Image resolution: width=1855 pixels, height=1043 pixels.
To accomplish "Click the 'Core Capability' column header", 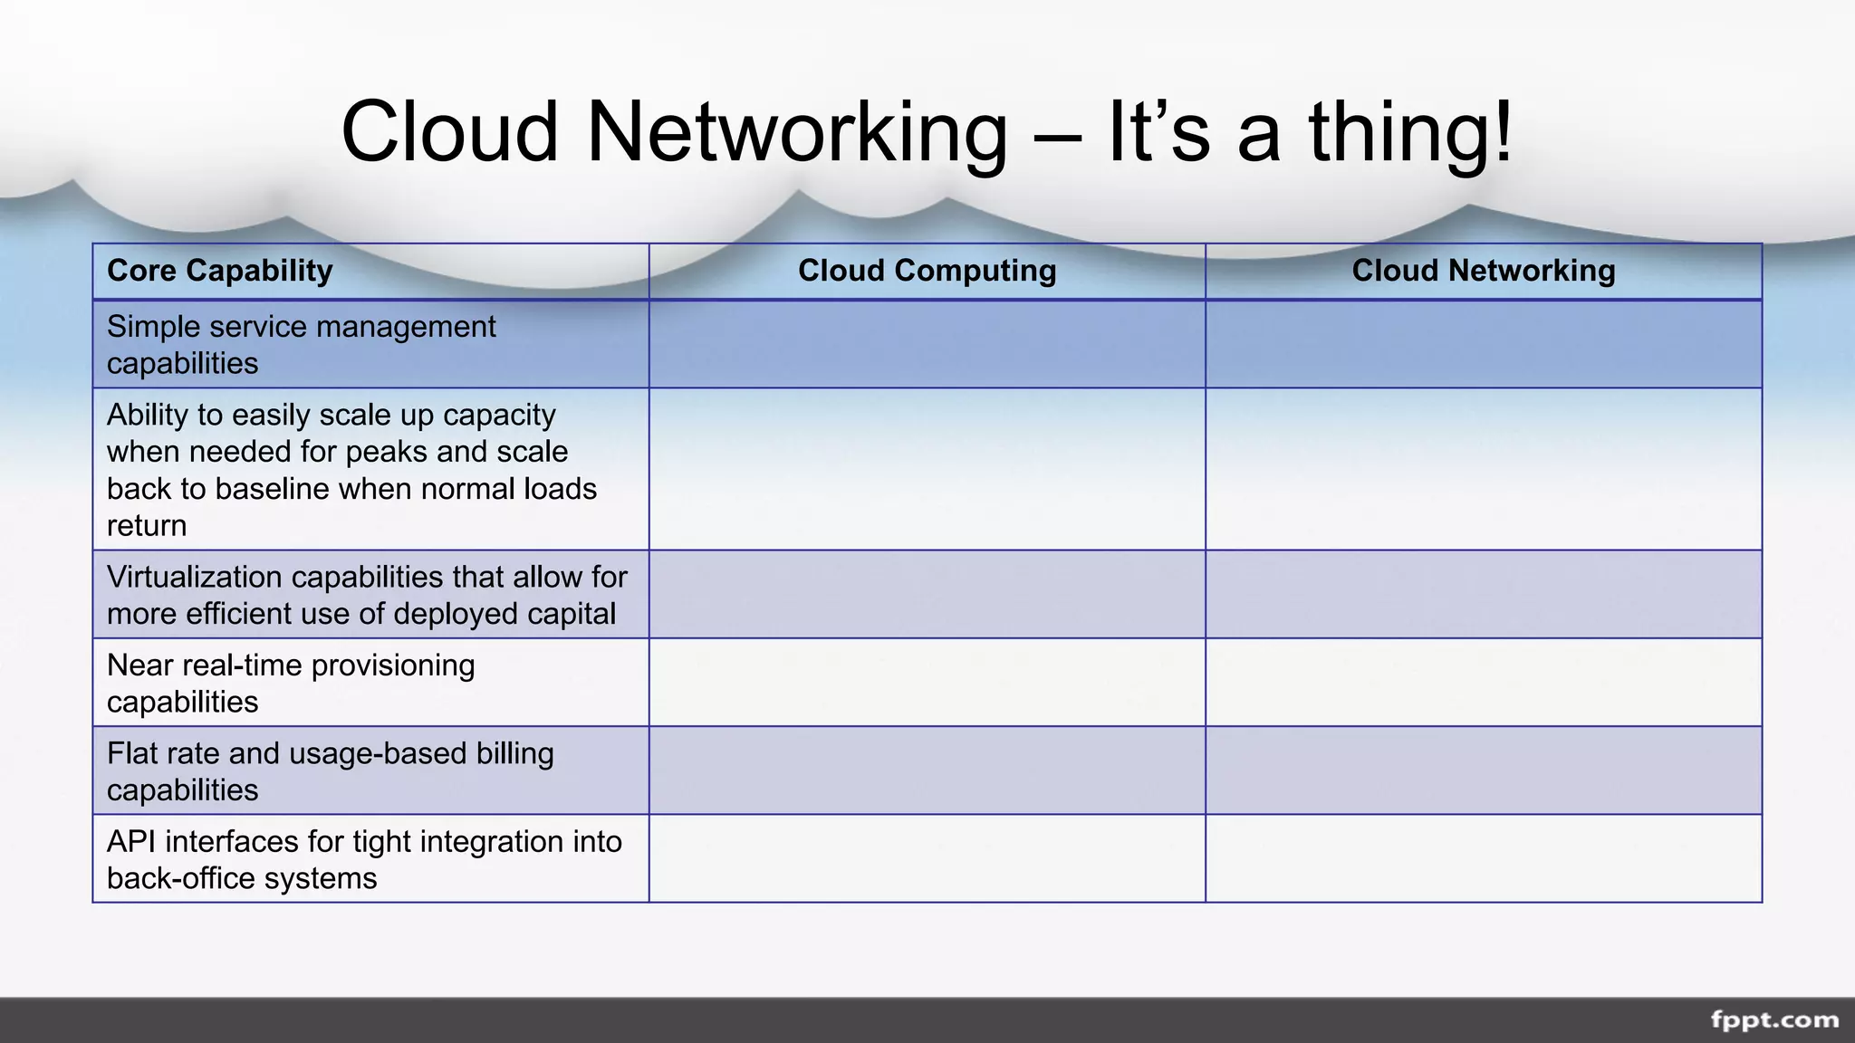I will tap(220, 271).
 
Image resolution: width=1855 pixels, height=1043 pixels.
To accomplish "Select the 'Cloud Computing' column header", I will tap(927, 271).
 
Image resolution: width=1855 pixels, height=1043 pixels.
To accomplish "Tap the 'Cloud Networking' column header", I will tap(1483, 271).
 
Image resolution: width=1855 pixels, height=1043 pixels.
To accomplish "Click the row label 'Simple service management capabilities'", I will tap(301, 344).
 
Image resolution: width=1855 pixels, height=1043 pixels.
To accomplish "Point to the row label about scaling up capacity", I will tap(351, 469).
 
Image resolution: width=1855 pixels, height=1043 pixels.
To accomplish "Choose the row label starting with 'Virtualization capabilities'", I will tap(367, 595).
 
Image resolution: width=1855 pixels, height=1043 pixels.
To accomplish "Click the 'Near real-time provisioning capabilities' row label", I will tap(291, 683).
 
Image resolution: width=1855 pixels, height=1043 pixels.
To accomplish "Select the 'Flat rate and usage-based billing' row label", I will tap(330, 770).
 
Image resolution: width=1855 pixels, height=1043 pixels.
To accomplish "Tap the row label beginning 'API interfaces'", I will tap(364, 859).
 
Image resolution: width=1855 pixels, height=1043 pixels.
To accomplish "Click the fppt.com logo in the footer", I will tap(1773, 1020).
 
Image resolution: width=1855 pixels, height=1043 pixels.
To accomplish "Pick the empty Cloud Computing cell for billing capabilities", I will tap(927, 770).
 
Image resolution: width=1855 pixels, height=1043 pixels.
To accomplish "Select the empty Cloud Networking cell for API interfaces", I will tap(1483, 859).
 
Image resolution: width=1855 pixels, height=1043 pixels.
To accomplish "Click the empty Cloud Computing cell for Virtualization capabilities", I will tap(927, 595).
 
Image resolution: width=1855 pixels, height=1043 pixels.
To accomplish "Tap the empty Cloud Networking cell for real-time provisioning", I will tap(1483, 683).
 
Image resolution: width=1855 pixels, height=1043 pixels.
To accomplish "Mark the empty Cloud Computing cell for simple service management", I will tap(927, 344).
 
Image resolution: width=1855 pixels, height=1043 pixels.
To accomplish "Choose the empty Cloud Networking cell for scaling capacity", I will tap(1483, 469).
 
